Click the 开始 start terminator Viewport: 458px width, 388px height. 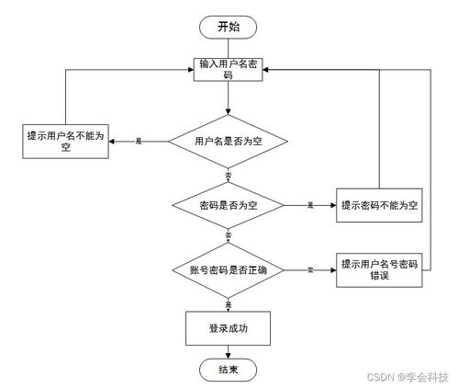[228, 27]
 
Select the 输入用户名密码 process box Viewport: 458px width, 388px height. [228, 70]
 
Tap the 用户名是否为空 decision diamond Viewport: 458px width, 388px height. [228, 142]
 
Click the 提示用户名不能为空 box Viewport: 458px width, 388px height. [65, 141]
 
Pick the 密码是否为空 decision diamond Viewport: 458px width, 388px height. [228, 205]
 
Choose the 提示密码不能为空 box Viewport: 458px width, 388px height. [379, 205]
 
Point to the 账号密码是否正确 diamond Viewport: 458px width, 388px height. [228, 270]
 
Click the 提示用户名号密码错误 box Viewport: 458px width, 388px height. [379, 269]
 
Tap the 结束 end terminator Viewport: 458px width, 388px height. [228, 370]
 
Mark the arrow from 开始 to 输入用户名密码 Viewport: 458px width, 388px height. [228, 47]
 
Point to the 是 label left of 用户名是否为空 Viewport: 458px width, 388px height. [139, 142]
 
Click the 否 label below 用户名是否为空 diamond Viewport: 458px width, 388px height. [228, 174]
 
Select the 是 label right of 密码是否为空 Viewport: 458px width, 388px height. [310, 205]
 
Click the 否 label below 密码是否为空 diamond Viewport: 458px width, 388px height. [228, 237]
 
